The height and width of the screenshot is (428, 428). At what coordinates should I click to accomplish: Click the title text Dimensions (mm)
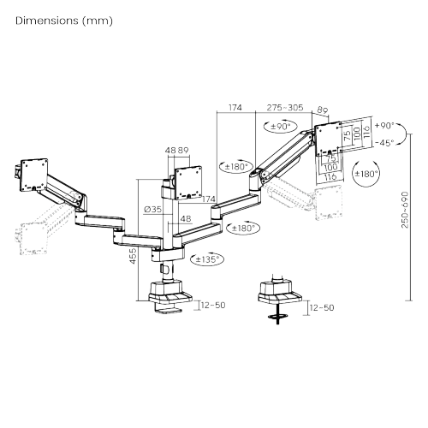[64, 21]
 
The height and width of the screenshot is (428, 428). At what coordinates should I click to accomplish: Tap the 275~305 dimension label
[285, 108]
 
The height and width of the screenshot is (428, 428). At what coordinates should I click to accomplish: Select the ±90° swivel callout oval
[280, 126]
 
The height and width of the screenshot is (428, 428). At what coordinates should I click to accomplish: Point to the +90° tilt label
[384, 125]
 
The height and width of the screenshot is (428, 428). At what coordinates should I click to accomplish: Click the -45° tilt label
[384, 142]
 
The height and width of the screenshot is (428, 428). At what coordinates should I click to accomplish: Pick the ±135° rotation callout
[207, 259]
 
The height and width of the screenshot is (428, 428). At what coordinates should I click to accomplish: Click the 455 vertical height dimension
[133, 256]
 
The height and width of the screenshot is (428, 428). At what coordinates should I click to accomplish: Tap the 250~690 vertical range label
[405, 210]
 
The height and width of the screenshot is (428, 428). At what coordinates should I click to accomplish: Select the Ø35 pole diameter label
[152, 210]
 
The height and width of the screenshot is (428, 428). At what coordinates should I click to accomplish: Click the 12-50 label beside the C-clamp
[213, 305]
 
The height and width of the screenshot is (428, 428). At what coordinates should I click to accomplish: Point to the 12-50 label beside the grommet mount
[322, 307]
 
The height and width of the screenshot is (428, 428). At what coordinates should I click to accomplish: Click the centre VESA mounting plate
[188, 182]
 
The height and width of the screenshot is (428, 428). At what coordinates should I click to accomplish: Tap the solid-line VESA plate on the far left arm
[33, 175]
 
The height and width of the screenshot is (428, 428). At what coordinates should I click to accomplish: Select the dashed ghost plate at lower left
[33, 239]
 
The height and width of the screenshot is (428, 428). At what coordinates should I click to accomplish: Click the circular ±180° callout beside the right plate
[366, 174]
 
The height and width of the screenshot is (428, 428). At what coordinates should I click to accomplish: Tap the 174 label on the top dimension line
[235, 108]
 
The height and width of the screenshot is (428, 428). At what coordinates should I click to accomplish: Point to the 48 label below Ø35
[186, 218]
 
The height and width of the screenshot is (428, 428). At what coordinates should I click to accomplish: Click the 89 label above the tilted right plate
[323, 110]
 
